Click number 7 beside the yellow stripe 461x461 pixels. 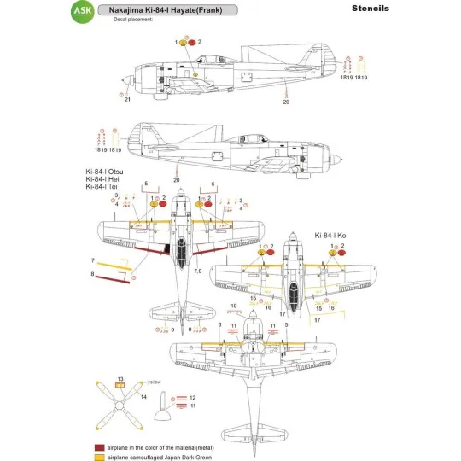click(93, 259)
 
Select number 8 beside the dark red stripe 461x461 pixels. click(93, 274)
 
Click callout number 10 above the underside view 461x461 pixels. click(233, 305)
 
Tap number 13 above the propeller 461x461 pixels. click(120, 378)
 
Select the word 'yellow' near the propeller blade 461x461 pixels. click(154, 382)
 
